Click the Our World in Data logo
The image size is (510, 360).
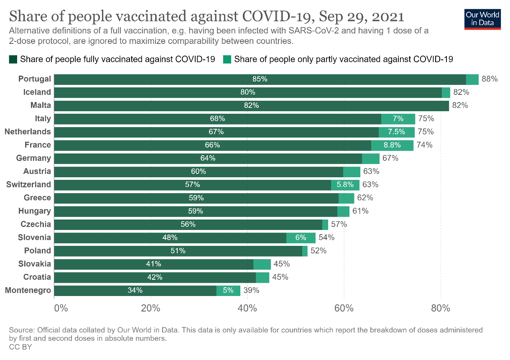(x=482, y=18)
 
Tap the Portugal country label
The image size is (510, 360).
(x=35, y=79)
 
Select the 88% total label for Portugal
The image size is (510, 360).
(x=490, y=79)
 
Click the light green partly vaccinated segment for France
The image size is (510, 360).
(x=392, y=145)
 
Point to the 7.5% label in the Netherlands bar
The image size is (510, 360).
(x=396, y=132)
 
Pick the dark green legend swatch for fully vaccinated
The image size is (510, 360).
(x=13, y=59)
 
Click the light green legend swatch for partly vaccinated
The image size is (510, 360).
(x=227, y=59)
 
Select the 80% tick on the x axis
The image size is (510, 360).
(x=441, y=309)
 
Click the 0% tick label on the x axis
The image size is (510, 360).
(x=61, y=309)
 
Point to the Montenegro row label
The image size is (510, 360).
(x=28, y=290)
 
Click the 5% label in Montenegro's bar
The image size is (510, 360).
(x=228, y=290)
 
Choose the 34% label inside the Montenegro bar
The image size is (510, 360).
(x=135, y=290)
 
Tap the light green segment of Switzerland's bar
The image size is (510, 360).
(x=345, y=184)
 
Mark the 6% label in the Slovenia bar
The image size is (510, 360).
(x=301, y=237)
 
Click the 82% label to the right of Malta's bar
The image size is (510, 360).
(x=460, y=105)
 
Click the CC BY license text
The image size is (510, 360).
(x=20, y=347)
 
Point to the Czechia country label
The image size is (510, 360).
(x=36, y=224)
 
